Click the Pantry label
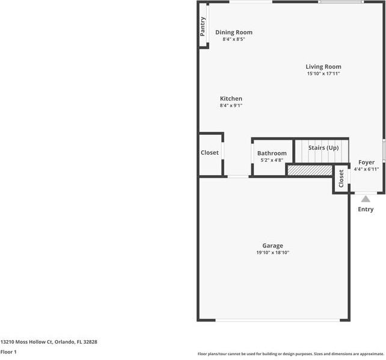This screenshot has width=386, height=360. (203, 26)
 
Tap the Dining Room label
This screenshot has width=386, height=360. (234, 33)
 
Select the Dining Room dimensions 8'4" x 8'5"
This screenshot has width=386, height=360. (234, 40)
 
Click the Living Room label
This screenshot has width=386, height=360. (323, 67)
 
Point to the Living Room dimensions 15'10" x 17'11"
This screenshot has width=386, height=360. (323, 74)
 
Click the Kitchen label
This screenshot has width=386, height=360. (231, 99)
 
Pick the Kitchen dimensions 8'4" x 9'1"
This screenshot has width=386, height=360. (231, 106)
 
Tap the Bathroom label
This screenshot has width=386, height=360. (272, 154)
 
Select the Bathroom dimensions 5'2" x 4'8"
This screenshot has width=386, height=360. (272, 160)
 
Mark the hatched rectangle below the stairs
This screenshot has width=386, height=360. (310, 171)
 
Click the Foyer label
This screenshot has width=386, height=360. (366, 163)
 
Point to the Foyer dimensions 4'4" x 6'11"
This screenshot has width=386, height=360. (366, 169)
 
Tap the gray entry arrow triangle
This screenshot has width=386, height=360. (366, 199)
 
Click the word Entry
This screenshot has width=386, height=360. (366, 209)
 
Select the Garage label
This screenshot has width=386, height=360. (272, 246)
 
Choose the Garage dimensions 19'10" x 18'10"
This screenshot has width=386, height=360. (272, 253)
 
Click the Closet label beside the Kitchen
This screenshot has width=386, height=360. (210, 153)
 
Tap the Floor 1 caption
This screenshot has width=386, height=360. (8, 352)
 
